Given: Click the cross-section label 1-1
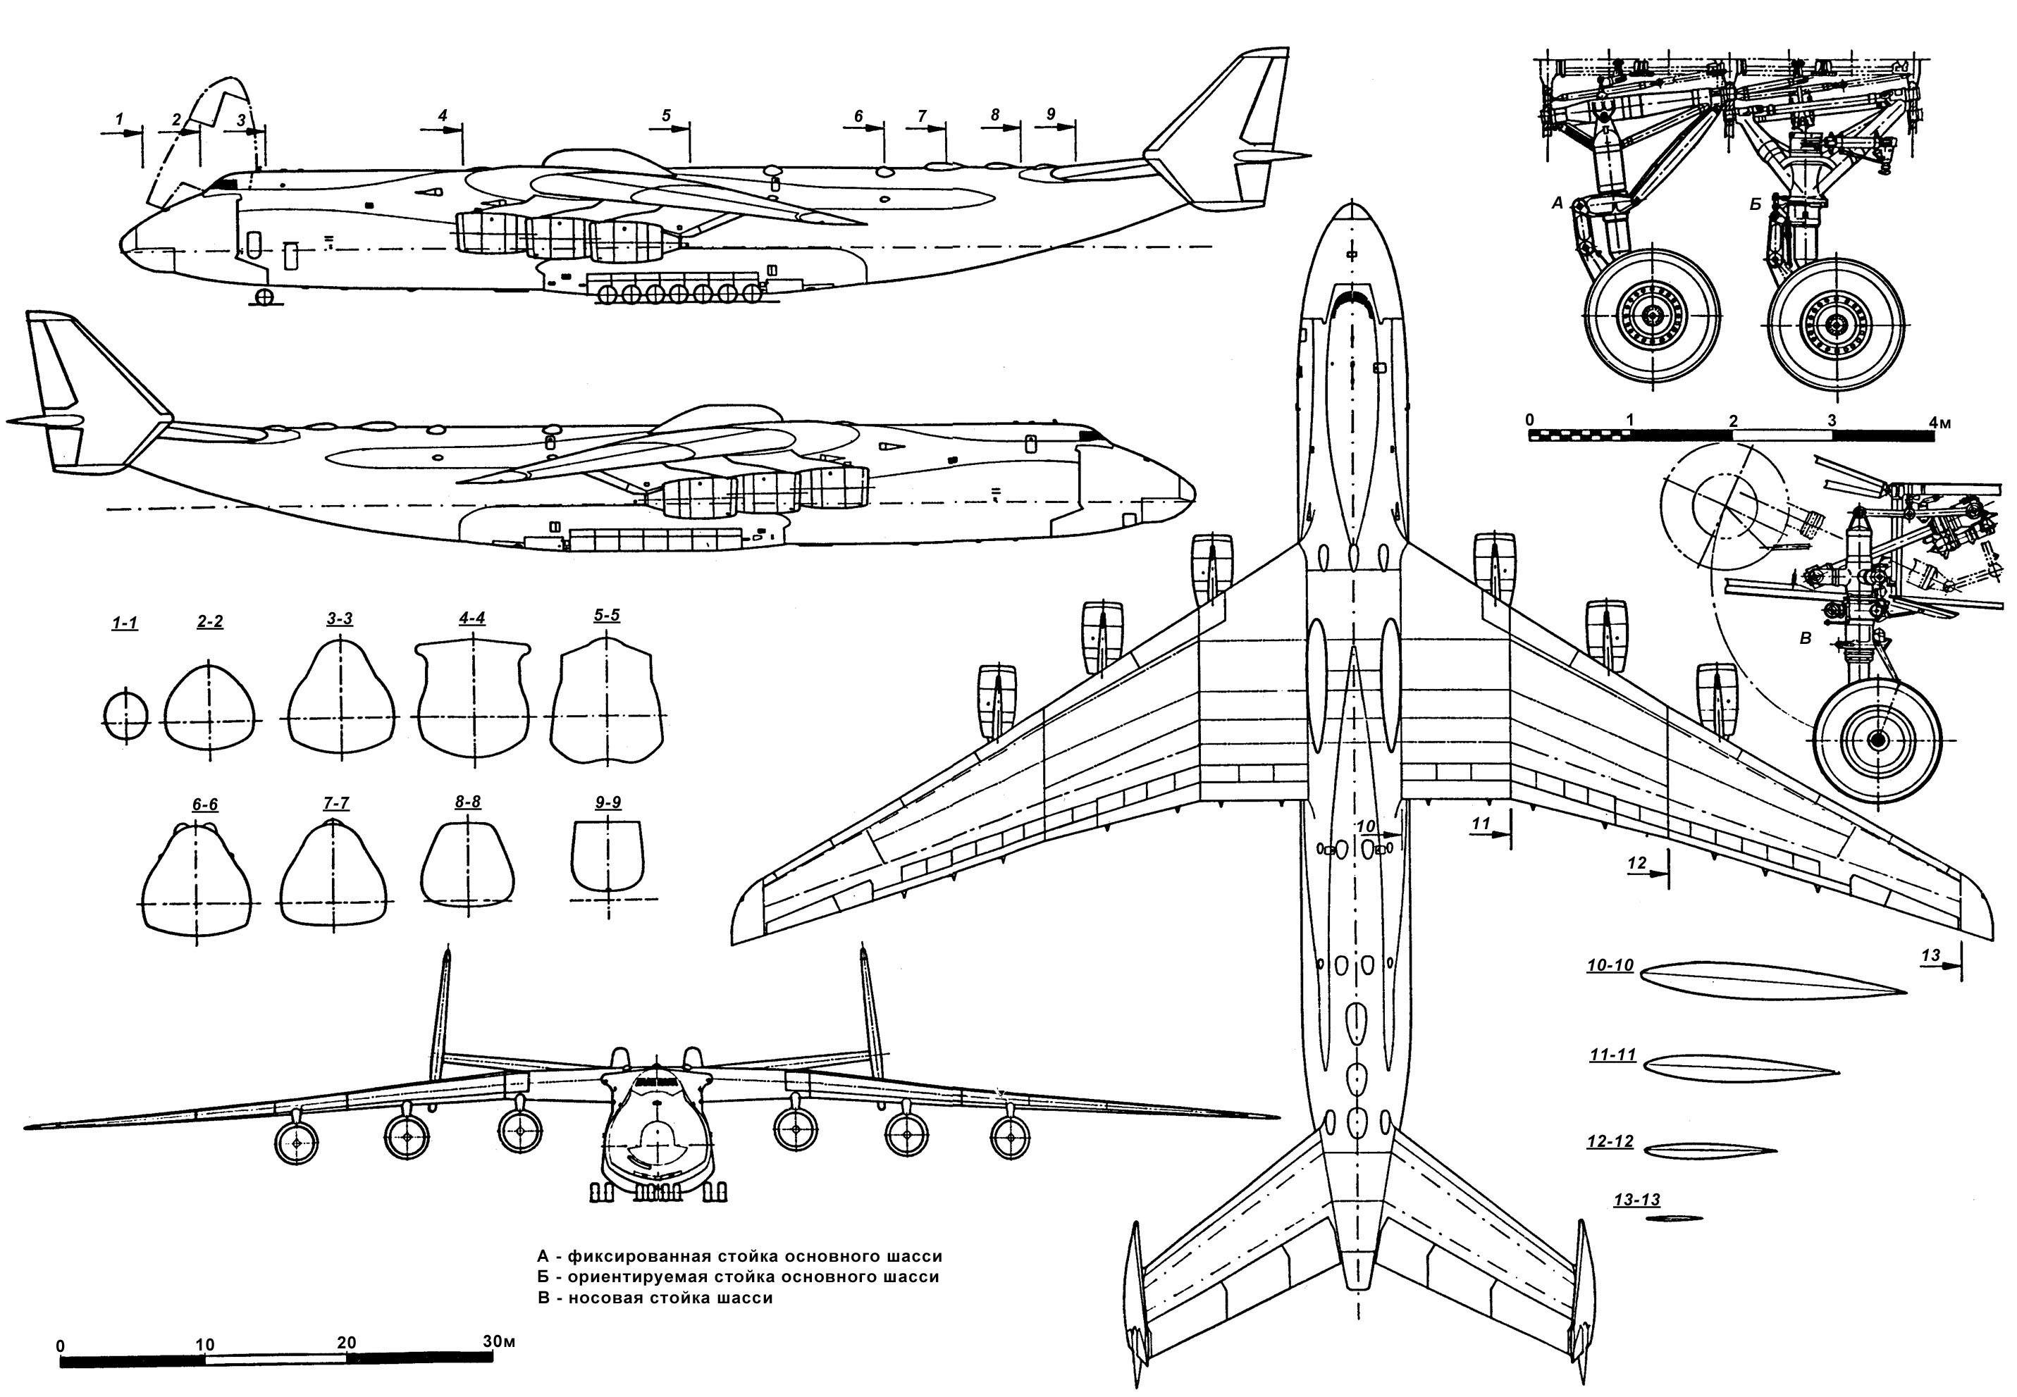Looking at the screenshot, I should pos(124,623).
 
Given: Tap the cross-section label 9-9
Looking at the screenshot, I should pos(607,802).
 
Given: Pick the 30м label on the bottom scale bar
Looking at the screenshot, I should pos(499,1341).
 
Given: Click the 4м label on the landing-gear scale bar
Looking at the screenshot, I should pos(1939,423).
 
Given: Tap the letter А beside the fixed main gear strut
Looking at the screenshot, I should pos(1557,203).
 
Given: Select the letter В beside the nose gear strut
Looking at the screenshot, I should pos(1805,639).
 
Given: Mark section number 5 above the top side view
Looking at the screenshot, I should pos(666,115).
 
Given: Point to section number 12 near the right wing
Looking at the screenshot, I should pos(1637,863).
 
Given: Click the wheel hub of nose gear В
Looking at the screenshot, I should pos(1877,740).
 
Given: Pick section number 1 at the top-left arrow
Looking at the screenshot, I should pos(120,117).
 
